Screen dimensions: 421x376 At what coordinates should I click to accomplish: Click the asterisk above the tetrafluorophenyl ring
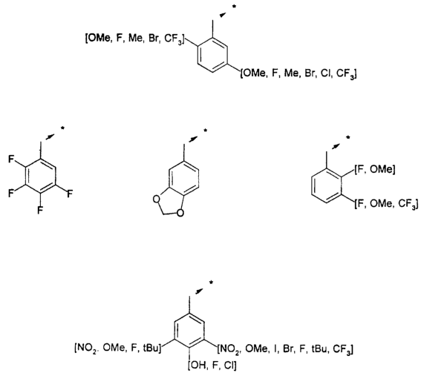tap(62, 128)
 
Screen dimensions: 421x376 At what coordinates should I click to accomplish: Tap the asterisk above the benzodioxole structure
tap(205, 131)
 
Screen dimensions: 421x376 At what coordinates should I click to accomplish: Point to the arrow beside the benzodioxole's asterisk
tap(193, 139)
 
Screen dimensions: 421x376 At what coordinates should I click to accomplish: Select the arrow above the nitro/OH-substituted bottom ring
tap(199, 291)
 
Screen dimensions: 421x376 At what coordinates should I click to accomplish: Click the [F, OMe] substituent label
tap(375, 170)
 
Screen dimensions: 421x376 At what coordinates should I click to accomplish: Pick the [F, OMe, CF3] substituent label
tap(386, 204)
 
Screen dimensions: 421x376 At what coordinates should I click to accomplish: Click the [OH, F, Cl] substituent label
tap(212, 366)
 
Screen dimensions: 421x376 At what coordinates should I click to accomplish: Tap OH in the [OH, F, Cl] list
tap(198, 366)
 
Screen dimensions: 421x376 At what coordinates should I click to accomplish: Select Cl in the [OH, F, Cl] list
tap(229, 366)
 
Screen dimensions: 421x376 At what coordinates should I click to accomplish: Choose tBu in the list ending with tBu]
tap(151, 348)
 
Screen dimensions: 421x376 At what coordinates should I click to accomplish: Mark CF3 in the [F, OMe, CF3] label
tap(407, 205)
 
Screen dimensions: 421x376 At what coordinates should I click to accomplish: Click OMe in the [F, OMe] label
tap(381, 170)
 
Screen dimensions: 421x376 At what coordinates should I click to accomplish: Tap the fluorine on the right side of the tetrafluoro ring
tap(70, 194)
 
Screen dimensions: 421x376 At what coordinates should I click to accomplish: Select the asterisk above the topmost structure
tap(234, 7)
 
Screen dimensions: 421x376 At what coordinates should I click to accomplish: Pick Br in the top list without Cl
tap(153, 39)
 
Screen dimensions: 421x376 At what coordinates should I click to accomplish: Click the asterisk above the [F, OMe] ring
tap(348, 138)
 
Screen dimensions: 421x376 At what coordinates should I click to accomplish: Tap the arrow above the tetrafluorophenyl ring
tap(50, 136)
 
